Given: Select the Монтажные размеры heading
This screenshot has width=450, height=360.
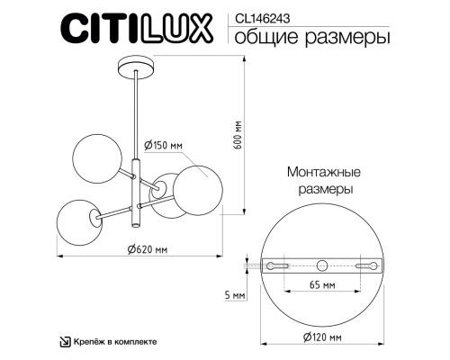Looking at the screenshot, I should point(324,181).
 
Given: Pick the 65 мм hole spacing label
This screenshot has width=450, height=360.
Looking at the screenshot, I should point(321,285).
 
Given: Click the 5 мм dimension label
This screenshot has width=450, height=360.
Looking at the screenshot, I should point(234,295).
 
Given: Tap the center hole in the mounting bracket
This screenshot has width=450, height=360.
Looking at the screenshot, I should point(321,265).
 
